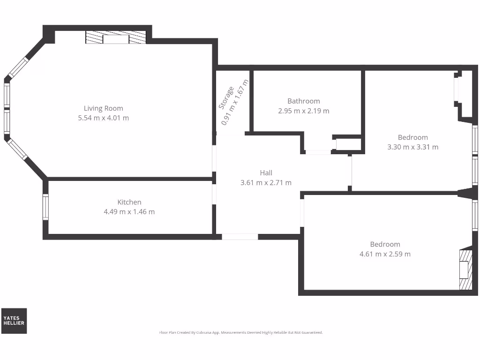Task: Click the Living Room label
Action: [x=103, y=108]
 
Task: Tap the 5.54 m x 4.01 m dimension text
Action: [x=103, y=118]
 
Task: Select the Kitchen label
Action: [x=129, y=202]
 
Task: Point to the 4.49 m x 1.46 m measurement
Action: [x=129, y=212]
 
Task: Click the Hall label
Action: [x=266, y=173]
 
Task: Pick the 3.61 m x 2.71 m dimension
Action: [x=266, y=183]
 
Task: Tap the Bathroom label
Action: [x=304, y=101]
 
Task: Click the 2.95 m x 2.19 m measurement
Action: [x=304, y=111]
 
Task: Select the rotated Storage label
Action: [x=226, y=98]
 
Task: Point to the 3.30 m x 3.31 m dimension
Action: [x=412, y=147]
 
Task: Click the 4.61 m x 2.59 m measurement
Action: [x=385, y=254]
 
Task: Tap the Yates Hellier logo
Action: [x=14, y=321]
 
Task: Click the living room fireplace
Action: [x=116, y=38]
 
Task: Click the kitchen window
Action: [x=45, y=207]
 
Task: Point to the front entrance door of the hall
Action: [x=240, y=237]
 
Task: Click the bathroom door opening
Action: [x=318, y=152]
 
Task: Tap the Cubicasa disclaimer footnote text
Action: [x=241, y=332]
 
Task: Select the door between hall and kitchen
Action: [x=214, y=194]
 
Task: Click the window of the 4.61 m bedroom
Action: [x=475, y=216]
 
